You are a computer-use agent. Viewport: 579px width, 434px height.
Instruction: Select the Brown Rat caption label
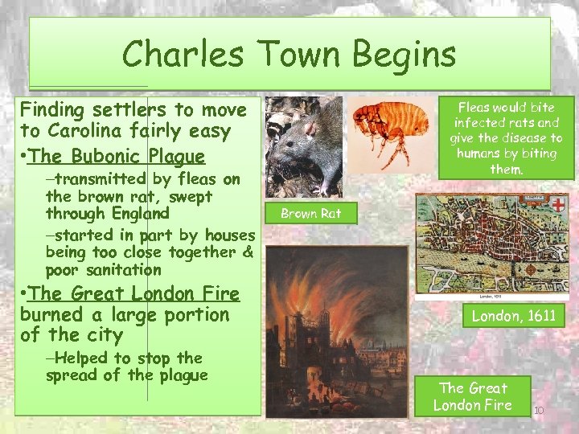click(x=310, y=214)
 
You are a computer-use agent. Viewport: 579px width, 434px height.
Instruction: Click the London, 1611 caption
click(x=513, y=316)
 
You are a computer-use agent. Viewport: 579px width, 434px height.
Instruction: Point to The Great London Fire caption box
click(x=473, y=396)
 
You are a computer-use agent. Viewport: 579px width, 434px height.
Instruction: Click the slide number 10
click(x=539, y=411)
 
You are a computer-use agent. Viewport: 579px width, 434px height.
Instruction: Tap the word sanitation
click(x=104, y=270)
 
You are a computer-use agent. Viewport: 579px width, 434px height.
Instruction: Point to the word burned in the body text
click(x=49, y=314)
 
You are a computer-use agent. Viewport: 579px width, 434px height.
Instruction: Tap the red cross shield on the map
click(x=556, y=205)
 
